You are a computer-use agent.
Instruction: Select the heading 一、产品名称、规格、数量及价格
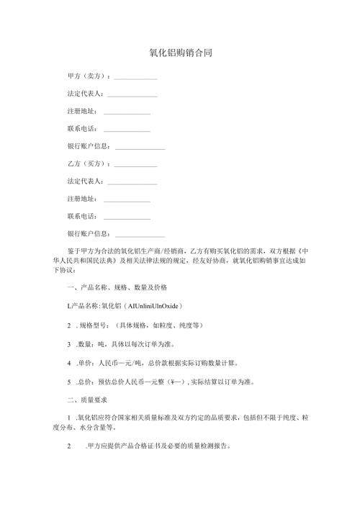coord(116,288)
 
